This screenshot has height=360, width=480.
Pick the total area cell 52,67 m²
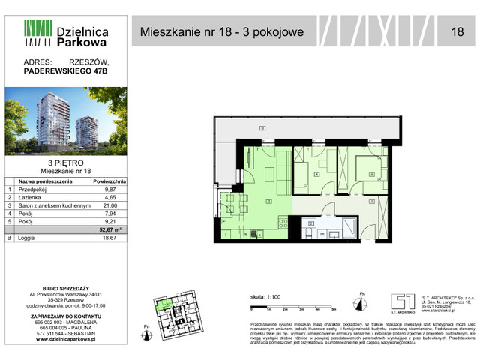click(110, 229)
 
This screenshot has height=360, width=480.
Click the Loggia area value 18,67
click(110, 238)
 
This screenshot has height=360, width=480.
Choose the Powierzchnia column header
click(110, 181)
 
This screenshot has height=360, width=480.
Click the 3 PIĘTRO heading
click(64, 162)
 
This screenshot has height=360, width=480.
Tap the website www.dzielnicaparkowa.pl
click(64, 340)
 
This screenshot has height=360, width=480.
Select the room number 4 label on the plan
click(316, 175)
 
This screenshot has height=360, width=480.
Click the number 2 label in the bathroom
click(311, 223)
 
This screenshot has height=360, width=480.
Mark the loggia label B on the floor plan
click(262, 129)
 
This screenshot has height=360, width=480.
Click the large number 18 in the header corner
click(457, 32)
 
